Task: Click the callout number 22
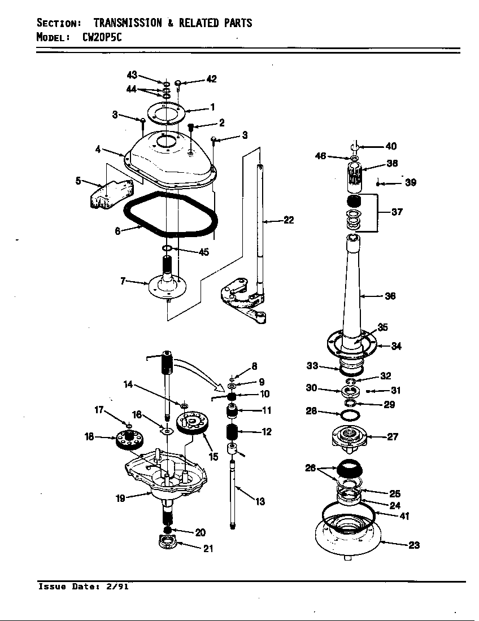289,220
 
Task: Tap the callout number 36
390,296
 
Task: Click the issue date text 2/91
117,587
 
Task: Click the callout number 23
414,545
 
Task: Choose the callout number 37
397,212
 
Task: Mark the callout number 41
404,516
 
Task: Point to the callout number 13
260,501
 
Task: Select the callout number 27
391,436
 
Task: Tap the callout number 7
123,281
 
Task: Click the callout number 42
211,79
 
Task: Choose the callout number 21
208,548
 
